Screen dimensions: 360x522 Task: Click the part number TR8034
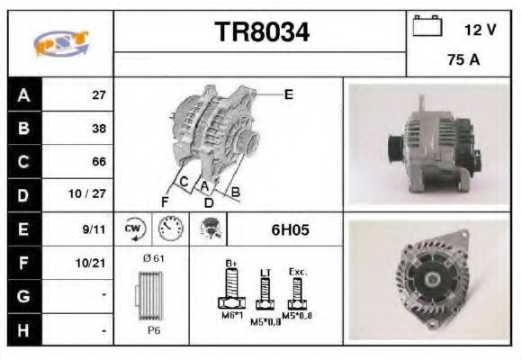(262, 32)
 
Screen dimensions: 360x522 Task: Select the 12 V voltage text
(480, 30)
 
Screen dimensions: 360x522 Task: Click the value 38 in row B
(99, 128)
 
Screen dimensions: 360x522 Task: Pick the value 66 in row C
(99, 162)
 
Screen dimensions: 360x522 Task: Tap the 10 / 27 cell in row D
(93, 195)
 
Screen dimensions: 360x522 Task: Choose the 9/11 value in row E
(94, 229)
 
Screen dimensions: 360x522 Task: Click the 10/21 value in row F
(94, 264)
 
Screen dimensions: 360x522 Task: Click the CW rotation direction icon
(133, 229)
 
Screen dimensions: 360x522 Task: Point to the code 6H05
(290, 229)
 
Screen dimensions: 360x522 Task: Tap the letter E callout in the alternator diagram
(288, 94)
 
